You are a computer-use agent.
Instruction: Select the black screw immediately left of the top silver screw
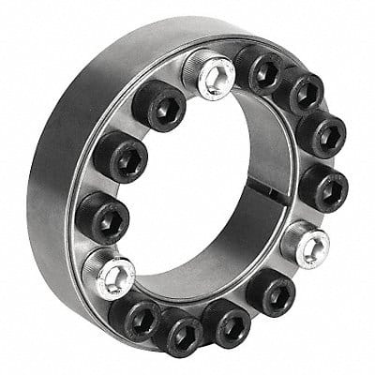[157, 104]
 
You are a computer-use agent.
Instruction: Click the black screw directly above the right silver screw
[322, 187]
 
